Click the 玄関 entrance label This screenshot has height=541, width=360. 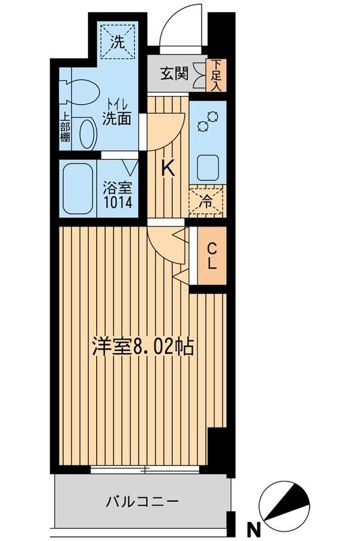click(175, 73)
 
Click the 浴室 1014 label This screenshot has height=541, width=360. click(118, 194)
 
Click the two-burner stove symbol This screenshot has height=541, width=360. click(207, 122)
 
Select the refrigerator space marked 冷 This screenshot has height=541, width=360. click(207, 200)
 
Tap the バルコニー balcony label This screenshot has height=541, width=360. click(142, 502)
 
